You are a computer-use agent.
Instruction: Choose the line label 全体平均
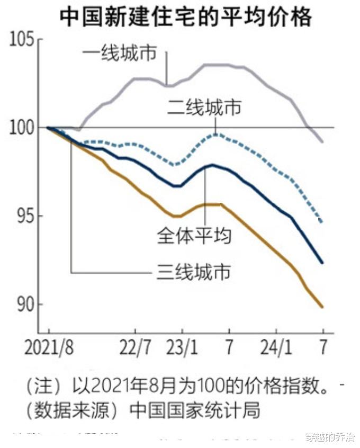[x=194, y=235]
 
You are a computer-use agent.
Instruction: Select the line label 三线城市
[x=194, y=272]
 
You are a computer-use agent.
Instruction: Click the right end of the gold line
[x=322, y=307]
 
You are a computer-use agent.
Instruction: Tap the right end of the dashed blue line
[x=322, y=221]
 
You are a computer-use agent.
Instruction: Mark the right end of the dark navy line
[x=322, y=262]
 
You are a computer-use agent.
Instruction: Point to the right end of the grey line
[x=322, y=141]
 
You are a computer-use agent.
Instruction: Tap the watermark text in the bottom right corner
[x=330, y=437]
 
